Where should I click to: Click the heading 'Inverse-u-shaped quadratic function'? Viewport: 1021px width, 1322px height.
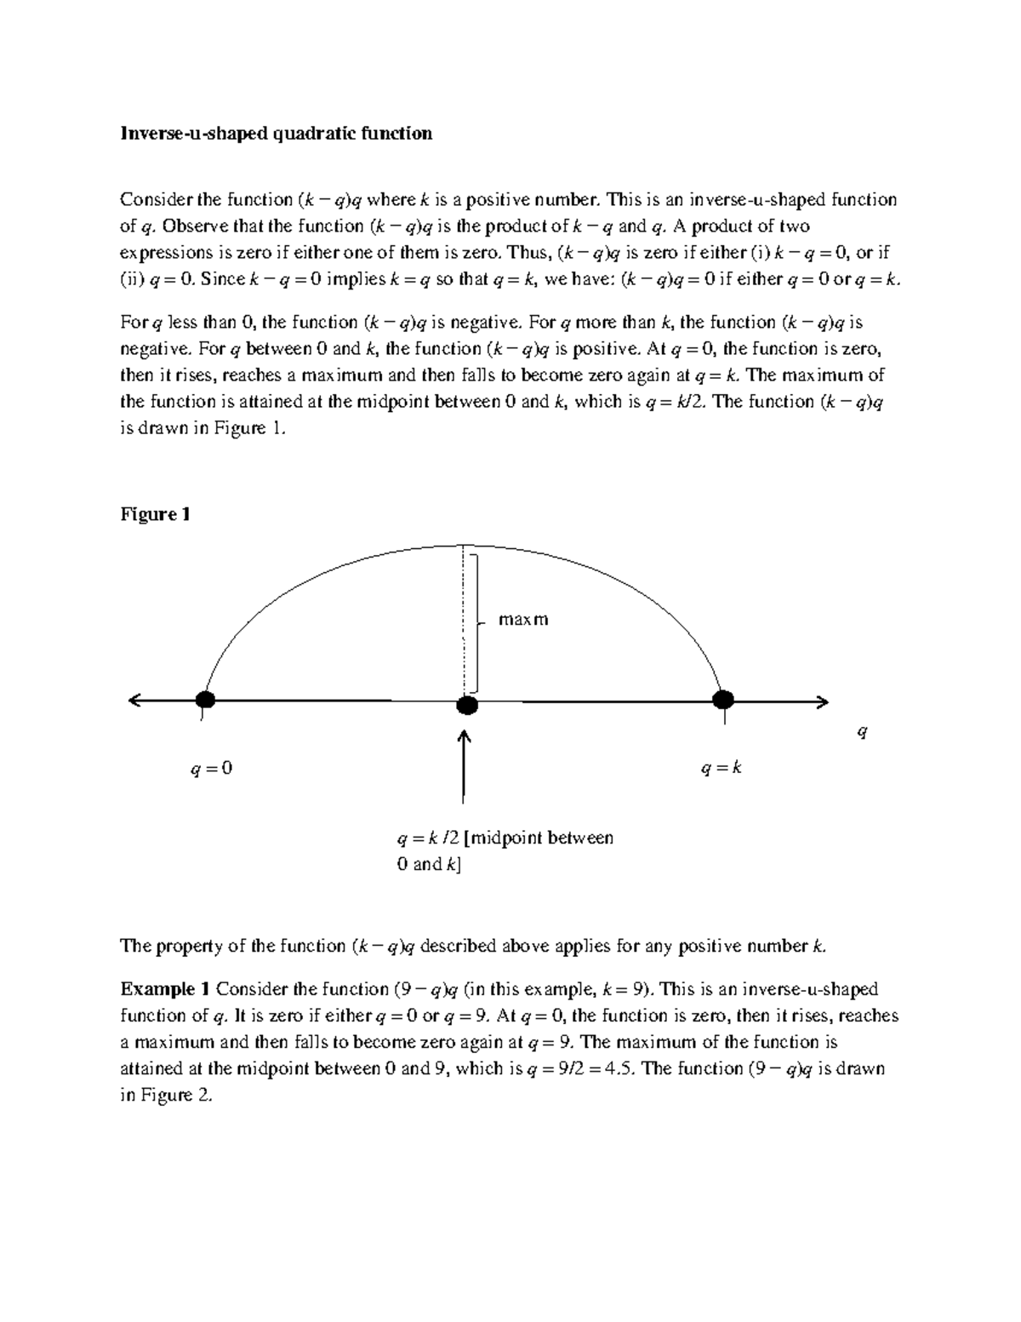pos(276,134)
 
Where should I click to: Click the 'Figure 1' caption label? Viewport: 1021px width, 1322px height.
pos(155,514)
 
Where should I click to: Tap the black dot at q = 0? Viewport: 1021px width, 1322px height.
pos(204,700)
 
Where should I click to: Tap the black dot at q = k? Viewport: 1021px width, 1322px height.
pos(722,700)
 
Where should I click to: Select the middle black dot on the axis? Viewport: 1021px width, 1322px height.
pos(466,705)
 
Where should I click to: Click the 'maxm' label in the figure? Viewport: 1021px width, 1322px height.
pos(523,620)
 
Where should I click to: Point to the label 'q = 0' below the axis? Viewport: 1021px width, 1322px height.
pos(211,769)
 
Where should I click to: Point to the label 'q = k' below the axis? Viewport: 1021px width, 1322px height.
pos(721,768)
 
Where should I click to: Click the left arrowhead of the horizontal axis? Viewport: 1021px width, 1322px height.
pos(134,701)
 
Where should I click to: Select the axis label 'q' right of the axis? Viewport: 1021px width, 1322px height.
pos(862,732)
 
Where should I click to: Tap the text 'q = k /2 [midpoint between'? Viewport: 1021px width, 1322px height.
pos(505,838)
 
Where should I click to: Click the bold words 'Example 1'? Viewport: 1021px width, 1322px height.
pos(165,989)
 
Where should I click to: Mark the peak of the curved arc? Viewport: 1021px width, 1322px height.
pos(462,545)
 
